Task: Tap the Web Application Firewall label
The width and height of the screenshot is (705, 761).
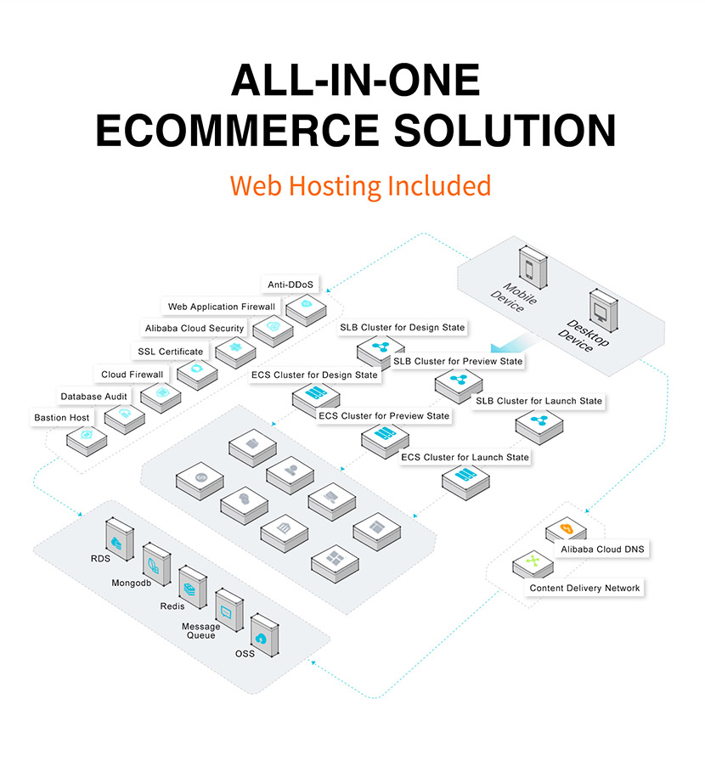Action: click(221, 307)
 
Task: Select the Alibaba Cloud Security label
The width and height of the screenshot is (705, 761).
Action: click(195, 329)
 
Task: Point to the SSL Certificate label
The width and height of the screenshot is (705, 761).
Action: click(170, 352)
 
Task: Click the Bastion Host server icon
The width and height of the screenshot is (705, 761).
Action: click(87, 436)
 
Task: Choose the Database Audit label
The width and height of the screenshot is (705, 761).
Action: click(93, 397)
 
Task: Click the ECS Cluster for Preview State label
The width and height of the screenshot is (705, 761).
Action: click(384, 416)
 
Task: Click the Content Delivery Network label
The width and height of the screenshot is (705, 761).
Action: click(584, 588)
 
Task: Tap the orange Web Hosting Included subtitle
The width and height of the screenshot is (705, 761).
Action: click(360, 185)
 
